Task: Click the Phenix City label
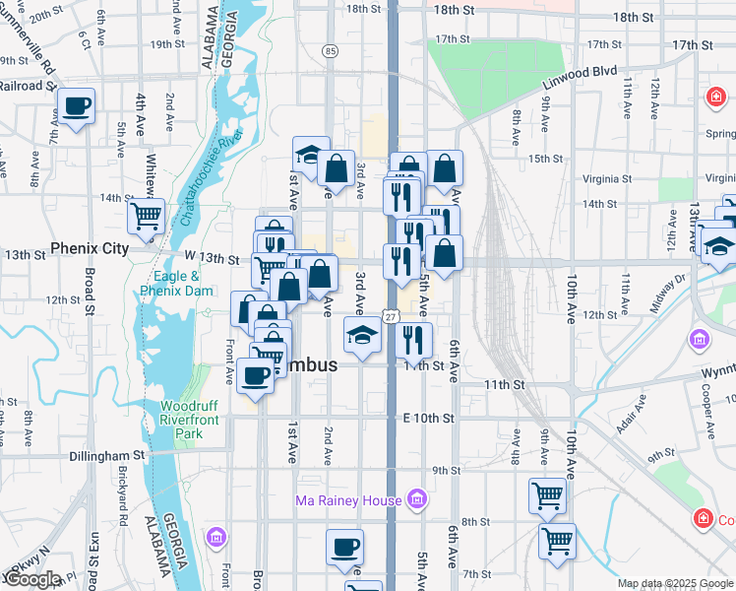point(90,248)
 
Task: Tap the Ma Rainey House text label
point(348,500)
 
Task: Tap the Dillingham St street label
point(107,456)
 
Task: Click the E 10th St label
point(428,418)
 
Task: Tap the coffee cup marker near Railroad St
point(77,106)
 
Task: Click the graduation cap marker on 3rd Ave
point(362,336)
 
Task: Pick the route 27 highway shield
point(391,316)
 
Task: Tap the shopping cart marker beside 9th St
point(548,495)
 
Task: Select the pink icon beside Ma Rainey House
point(416,500)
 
